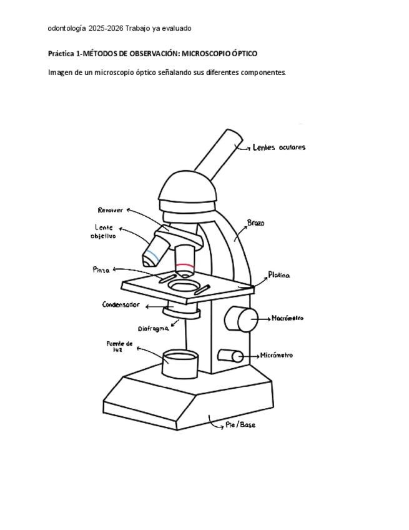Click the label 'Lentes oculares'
(279, 147)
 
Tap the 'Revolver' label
(111, 210)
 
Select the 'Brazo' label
(255, 222)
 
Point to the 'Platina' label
(278, 275)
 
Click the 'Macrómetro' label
(287, 318)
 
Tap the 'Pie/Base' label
(240, 425)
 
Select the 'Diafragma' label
(153, 328)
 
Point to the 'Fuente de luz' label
(120, 346)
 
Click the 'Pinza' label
(101, 270)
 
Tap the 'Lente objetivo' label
(104, 232)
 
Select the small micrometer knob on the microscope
(230, 356)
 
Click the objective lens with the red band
(185, 261)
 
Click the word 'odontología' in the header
(66, 28)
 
